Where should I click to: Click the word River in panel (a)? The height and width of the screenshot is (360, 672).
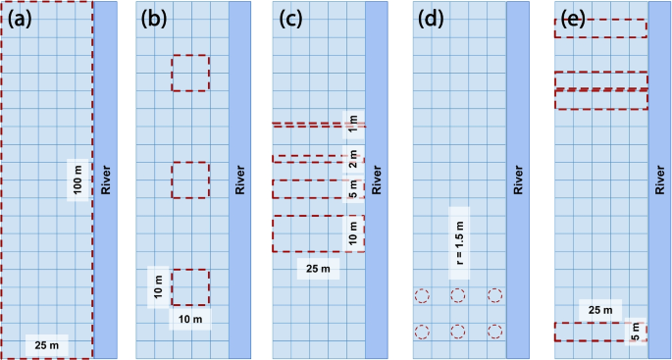point(105,180)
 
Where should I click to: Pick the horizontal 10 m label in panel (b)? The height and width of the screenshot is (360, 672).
point(188,320)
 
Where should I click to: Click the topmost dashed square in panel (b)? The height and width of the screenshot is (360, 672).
point(190,74)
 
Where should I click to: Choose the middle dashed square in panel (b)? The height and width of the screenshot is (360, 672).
point(190,180)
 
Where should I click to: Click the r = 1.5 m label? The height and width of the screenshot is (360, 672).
point(460,242)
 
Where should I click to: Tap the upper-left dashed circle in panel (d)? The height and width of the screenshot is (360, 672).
point(422,295)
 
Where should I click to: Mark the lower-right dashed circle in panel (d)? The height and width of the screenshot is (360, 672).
point(494,332)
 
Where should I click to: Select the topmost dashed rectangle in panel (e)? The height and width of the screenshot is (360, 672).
point(600,28)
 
